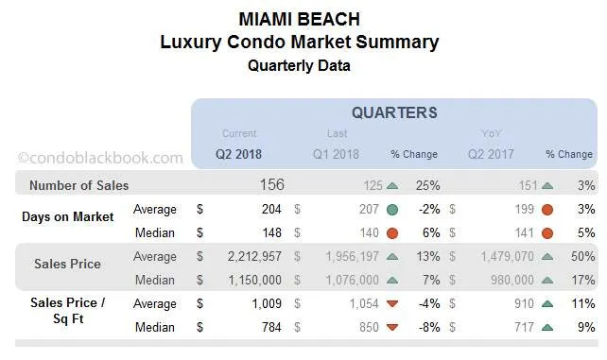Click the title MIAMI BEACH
coord(299,18)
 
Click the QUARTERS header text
coord(393,112)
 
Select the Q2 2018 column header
coord(238,154)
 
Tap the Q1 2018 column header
coord(338,154)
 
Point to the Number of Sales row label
coord(78,185)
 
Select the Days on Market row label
coord(67,217)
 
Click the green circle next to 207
coord(391,209)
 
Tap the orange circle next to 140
coord(391,232)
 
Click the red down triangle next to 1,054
coord(391,303)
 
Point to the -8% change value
coord(427,327)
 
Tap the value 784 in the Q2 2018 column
coord(269,327)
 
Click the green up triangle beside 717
coord(546,327)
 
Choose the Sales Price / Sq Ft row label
coord(67,312)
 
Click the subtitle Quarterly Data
coord(299,65)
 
